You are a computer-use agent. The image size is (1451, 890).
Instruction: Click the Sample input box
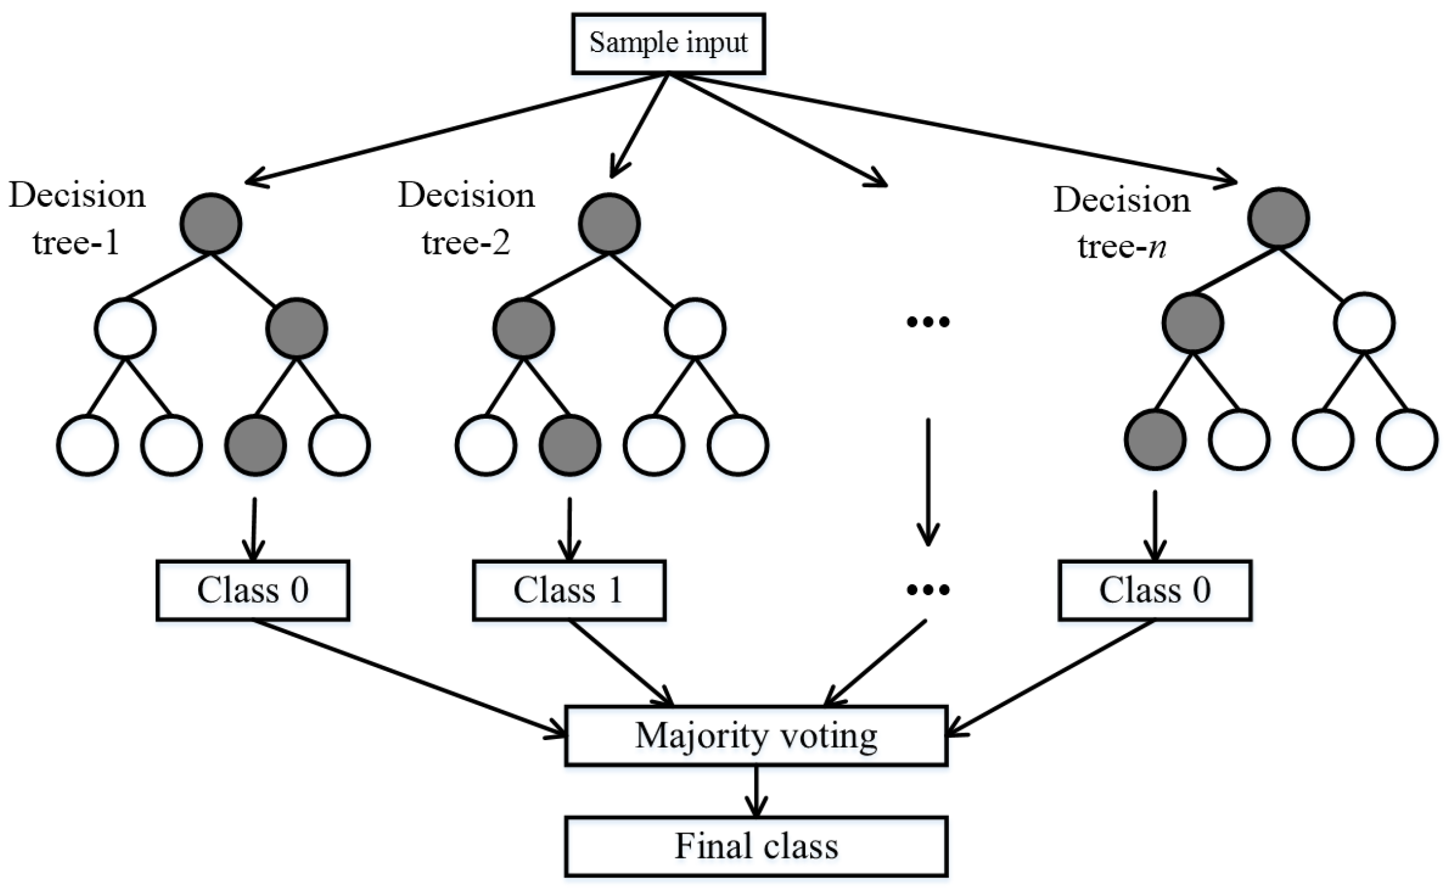pyautogui.click(x=668, y=44)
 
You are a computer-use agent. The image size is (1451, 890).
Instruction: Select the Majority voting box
pyautogui.click(x=756, y=736)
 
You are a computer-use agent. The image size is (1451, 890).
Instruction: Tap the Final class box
pyautogui.click(x=756, y=846)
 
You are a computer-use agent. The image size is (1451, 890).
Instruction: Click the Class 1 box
pyautogui.click(x=569, y=590)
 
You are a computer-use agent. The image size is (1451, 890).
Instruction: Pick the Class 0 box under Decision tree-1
pyautogui.click(x=253, y=590)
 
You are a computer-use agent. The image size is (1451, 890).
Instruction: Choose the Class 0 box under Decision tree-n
pyautogui.click(x=1154, y=590)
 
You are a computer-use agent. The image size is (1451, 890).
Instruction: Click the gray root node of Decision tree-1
pyautogui.click(x=211, y=224)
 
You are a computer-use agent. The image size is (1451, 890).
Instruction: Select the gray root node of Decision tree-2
pyautogui.click(x=609, y=224)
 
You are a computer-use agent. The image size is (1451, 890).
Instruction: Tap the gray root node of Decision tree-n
pyautogui.click(x=1278, y=218)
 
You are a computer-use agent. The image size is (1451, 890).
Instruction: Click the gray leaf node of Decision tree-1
pyautogui.click(x=256, y=445)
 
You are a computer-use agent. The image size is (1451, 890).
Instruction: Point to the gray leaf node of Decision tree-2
pyautogui.click(x=570, y=445)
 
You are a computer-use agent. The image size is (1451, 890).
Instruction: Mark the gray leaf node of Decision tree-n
pyautogui.click(x=1155, y=439)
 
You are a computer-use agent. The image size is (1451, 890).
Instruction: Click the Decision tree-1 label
pyautogui.click(x=77, y=218)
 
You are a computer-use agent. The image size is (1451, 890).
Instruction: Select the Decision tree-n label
pyautogui.click(x=1122, y=223)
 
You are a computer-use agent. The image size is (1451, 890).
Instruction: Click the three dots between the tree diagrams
pyautogui.click(x=927, y=321)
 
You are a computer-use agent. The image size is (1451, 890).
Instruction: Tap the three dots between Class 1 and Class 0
pyautogui.click(x=927, y=590)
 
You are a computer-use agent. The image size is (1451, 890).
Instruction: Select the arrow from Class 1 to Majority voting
pyautogui.click(x=619, y=663)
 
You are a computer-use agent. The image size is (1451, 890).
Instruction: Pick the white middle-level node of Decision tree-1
pyautogui.click(x=125, y=328)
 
